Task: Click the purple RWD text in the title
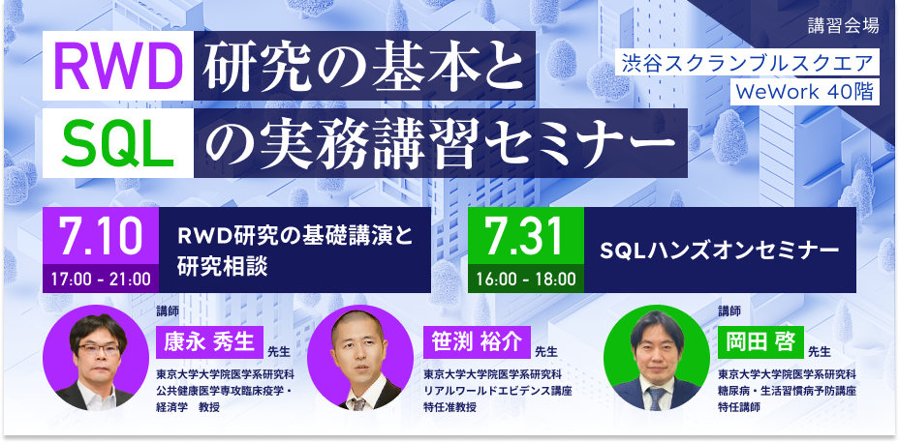[118, 66]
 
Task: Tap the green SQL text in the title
[118, 144]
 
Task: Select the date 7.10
[101, 236]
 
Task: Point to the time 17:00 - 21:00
[101, 280]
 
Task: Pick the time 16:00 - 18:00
[526, 280]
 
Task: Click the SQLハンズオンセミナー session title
[719, 251]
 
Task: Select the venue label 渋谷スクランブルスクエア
[751, 63]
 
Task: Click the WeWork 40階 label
[805, 93]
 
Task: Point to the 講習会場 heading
[843, 26]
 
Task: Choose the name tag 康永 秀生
[209, 342]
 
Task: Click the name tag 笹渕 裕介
[477, 342]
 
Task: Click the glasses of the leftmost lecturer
[99, 348]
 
